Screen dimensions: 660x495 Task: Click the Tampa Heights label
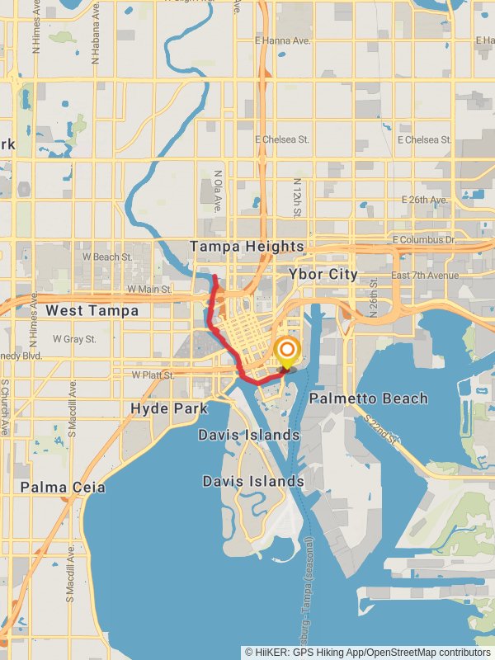click(247, 247)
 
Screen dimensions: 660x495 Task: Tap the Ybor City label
click(323, 274)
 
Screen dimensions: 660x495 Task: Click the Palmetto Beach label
click(369, 398)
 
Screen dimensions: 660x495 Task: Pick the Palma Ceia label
click(64, 488)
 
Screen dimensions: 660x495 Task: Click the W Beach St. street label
click(108, 257)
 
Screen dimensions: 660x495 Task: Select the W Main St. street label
click(148, 290)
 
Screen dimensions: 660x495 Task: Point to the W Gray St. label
click(74, 339)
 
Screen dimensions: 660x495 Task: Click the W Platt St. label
click(153, 375)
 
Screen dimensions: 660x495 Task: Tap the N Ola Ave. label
click(219, 192)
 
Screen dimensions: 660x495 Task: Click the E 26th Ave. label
click(424, 200)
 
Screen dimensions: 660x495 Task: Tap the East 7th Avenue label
click(424, 275)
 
